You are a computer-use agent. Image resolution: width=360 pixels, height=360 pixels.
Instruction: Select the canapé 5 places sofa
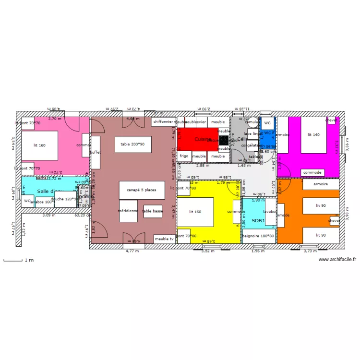142,190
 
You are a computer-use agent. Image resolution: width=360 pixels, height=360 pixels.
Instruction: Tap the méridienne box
128,211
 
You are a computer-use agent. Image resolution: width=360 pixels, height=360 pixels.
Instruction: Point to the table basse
153,211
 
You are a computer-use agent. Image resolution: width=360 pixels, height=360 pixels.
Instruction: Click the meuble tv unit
165,239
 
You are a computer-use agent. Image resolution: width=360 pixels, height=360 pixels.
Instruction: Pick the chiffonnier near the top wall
163,122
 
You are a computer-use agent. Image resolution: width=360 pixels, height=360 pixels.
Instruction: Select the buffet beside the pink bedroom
96,152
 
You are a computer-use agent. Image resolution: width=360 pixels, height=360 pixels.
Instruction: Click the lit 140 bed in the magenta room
313,135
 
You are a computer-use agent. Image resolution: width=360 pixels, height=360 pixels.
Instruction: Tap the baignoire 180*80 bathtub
258,236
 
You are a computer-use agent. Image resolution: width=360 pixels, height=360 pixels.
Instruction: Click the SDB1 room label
258,221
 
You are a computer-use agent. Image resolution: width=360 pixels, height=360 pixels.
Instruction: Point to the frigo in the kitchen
184,156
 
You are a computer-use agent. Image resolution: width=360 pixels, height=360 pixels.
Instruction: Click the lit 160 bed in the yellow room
195,212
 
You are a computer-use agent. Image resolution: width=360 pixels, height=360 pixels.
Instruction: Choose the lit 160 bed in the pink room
39,145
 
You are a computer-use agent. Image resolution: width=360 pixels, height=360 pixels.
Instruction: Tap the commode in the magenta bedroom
312,172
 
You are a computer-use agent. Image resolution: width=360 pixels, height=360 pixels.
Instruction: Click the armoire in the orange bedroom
321,184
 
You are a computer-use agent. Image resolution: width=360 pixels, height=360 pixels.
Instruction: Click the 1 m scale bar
13,261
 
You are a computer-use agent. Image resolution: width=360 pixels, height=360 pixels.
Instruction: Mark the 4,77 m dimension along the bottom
132,251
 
